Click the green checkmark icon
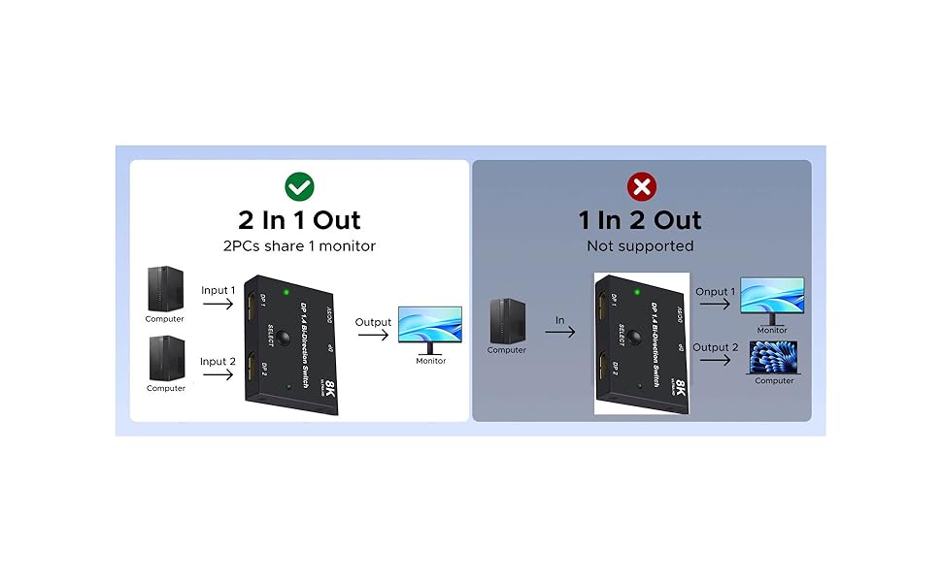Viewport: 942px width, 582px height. [x=298, y=186]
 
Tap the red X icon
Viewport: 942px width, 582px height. [x=641, y=186]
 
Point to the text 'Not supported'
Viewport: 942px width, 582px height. [x=640, y=246]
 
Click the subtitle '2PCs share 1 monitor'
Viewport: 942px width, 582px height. [x=299, y=246]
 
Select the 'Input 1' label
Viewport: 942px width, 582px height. [x=219, y=290]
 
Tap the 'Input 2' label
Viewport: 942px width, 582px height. [x=219, y=362]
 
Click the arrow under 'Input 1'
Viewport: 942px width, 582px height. [x=219, y=306]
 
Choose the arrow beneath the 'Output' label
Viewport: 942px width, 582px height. [x=373, y=336]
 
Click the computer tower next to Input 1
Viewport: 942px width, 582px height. [x=165, y=289]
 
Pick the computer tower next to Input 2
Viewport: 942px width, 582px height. [x=165, y=359]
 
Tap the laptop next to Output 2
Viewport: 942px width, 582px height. [x=774, y=356]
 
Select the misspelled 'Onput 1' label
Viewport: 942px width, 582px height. [x=715, y=291]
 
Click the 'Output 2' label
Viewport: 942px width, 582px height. [x=715, y=347]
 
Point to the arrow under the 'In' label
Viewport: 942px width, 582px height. [x=559, y=332]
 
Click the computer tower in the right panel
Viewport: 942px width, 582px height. [x=507, y=320]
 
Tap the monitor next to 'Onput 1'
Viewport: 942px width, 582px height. [x=772, y=299]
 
